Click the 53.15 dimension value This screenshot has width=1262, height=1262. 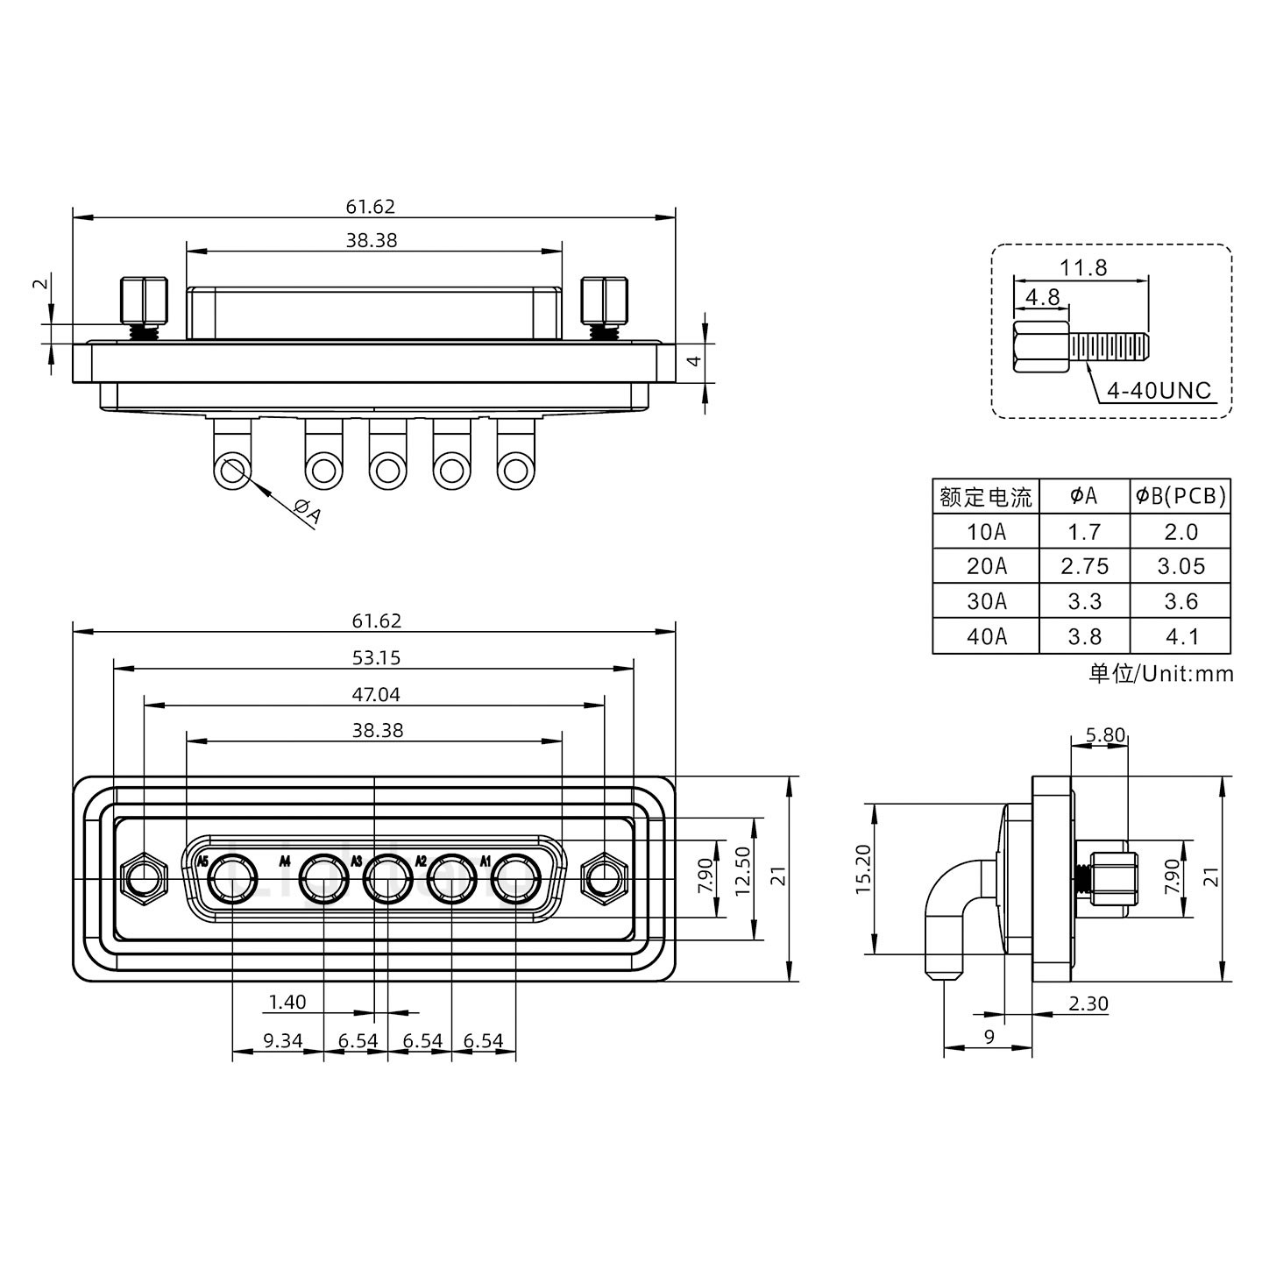(375, 657)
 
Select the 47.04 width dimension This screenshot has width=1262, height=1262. (375, 694)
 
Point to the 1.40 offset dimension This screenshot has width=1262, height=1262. (287, 1002)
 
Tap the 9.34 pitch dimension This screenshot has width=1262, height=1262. (282, 1041)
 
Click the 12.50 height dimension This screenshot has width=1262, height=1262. (743, 879)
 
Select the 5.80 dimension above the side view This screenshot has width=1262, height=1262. (1104, 735)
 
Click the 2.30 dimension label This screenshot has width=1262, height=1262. (1088, 1003)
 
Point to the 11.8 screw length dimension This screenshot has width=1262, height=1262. (1083, 267)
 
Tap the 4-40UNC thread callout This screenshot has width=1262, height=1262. (1158, 390)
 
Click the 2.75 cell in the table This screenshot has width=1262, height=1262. (1084, 566)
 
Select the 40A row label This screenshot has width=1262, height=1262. (986, 636)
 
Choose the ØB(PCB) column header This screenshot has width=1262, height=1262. (1180, 496)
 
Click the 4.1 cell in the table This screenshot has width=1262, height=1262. (1180, 636)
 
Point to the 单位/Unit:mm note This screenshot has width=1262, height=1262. (1160, 673)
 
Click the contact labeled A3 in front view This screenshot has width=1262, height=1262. (387, 880)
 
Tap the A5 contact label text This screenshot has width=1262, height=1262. (202, 861)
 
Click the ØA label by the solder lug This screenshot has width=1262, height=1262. (308, 512)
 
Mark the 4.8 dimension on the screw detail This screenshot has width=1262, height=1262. (1042, 297)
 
